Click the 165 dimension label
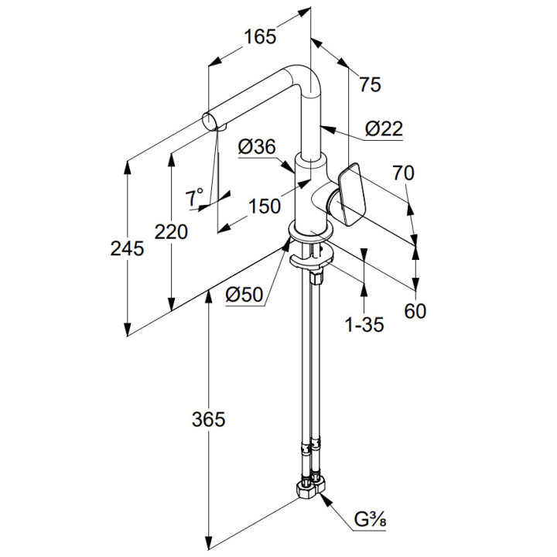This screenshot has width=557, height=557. point(260,36)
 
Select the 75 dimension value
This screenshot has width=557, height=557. point(370,84)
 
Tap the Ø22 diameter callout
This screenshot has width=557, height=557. point(384,128)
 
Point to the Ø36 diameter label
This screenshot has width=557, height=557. point(257,146)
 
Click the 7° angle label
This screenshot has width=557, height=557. point(194,196)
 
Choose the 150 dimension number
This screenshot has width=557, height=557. point(265,206)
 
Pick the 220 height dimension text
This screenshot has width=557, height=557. point(171,232)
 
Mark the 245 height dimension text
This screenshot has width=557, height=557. point(127,248)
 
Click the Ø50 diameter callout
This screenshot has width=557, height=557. point(244,295)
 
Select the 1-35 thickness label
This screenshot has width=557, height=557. point(365,325)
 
